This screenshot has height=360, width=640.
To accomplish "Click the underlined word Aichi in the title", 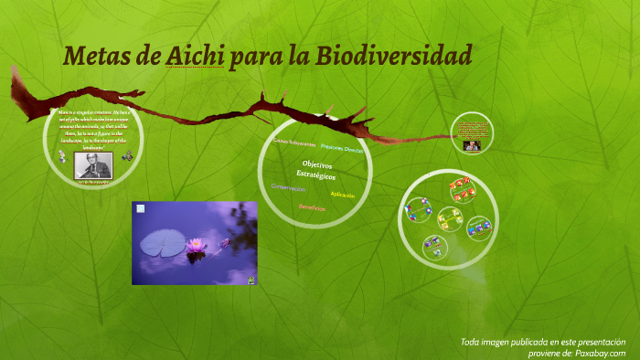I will (x=195, y=57).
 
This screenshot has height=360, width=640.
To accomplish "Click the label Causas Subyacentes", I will (x=294, y=144).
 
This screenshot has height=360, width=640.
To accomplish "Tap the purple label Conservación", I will (x=288, y=188).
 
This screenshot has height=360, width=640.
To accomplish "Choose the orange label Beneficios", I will (x=313, y=208).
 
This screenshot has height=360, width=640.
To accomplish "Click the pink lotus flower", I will (x=195, y=245).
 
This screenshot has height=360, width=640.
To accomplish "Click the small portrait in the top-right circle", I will (x=472, y=145).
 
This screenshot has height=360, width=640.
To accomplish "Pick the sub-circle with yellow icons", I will (x=448, y=218).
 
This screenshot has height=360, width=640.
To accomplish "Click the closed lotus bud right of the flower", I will (x=224, y=242).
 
